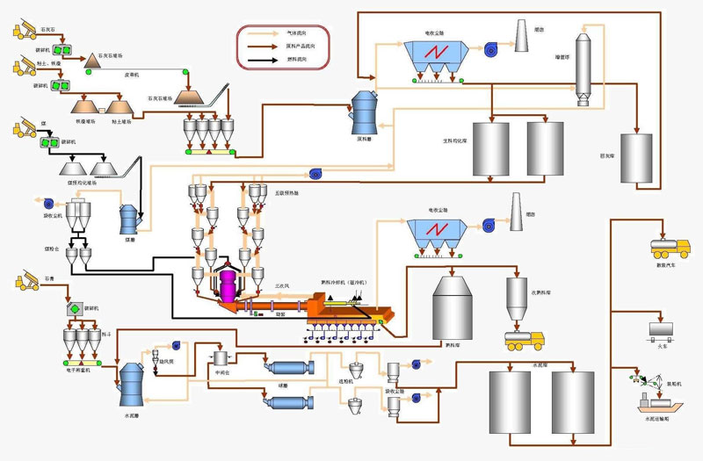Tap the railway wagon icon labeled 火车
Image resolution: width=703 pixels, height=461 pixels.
[x=660, y=329]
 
